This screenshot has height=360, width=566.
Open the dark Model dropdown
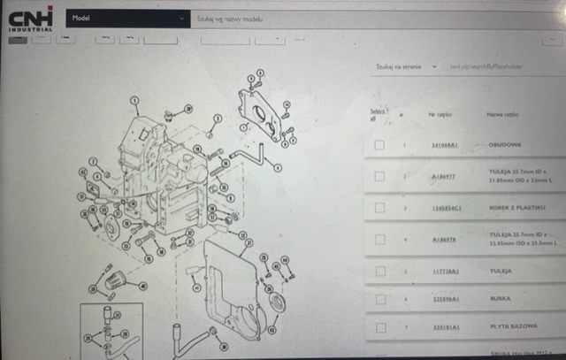tap(128, 18)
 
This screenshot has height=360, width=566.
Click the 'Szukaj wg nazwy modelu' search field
tap(292, 18)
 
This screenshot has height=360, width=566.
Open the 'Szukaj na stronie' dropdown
tap(406, 66)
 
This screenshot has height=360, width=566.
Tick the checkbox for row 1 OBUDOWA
tap(379, 145)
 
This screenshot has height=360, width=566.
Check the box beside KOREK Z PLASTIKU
tap(379, 208)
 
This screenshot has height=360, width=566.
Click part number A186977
tap(444, 176)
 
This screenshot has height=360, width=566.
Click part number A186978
tap(444, 239)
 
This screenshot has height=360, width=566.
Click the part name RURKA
tap(499, 300)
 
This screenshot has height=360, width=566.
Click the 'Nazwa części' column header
tap(501, 114)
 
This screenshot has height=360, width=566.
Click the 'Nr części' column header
tap(440, 114)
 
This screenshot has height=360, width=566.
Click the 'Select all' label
tap(377, 115)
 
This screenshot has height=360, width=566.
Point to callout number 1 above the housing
tap(134, 101)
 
